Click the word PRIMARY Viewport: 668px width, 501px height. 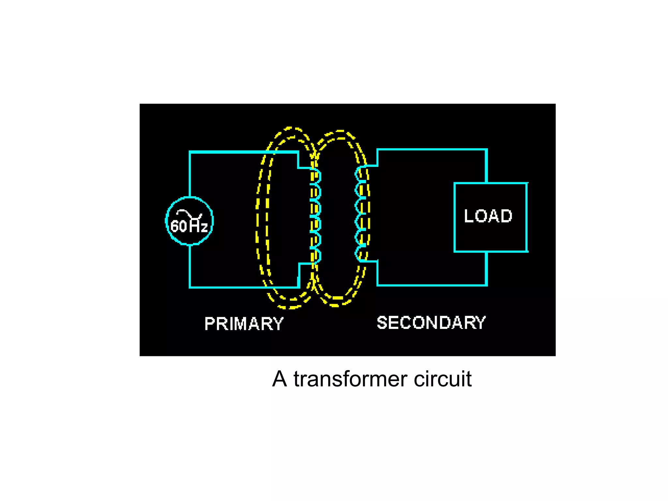(x=244, y=324)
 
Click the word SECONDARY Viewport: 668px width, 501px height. (x=431, y=323)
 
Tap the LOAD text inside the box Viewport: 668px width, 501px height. (x=488, y=216)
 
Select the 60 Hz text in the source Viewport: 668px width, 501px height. (x=189, y=226)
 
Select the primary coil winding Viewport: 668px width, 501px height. (x=315, y=216)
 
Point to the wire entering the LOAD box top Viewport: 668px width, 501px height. (x=486, y=167)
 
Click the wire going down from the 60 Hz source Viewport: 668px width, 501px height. (x=190, y=266)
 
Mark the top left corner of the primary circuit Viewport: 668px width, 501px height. (x=190, y=152)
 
